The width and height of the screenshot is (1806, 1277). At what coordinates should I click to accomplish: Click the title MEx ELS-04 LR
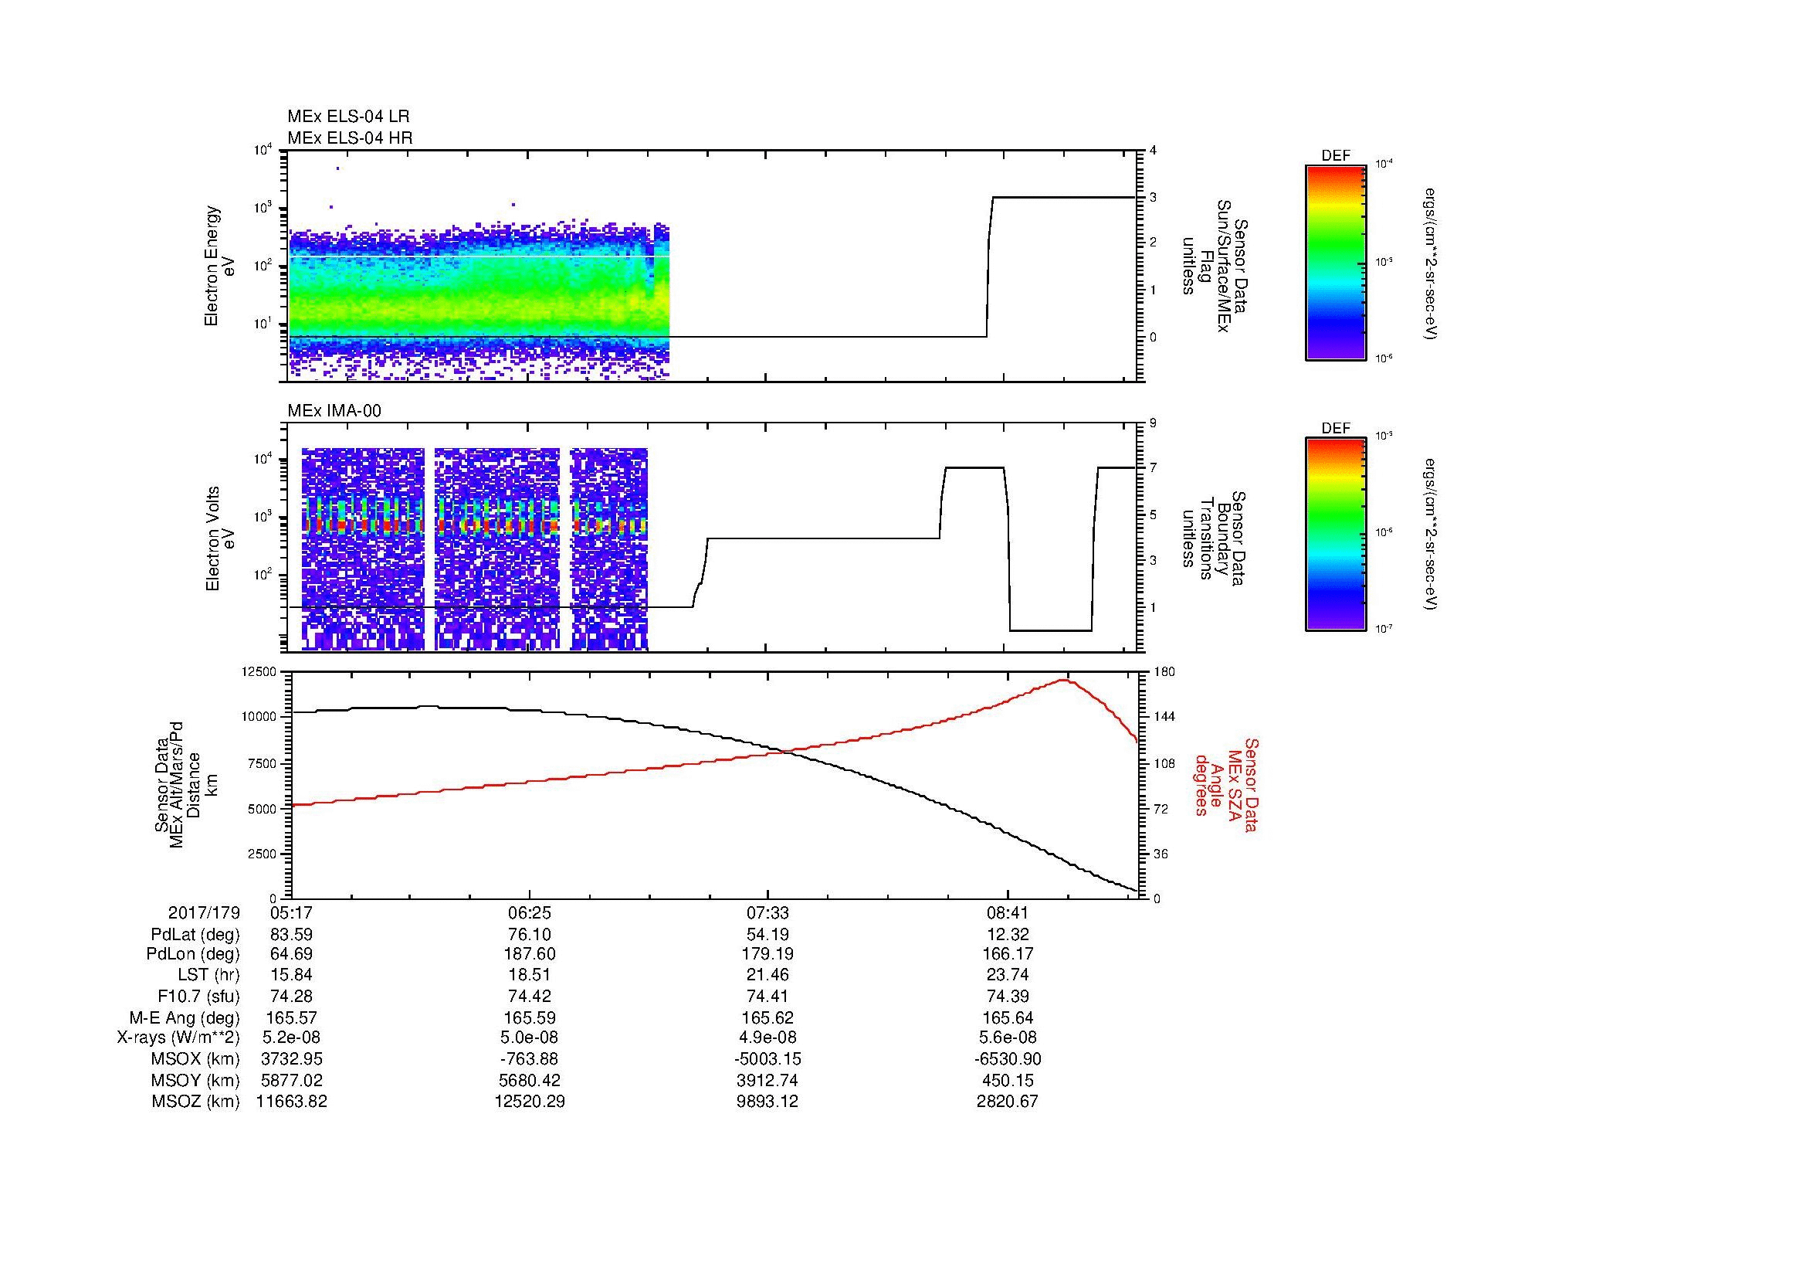tap(347, 117)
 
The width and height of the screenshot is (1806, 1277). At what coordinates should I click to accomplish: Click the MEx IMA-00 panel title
tap(334, 411)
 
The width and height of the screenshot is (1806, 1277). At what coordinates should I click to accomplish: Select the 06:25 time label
tap(530, 912)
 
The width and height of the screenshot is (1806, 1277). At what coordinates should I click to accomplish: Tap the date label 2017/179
tap(204, 912)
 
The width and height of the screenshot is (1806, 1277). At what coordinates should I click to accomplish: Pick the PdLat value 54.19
tap(767, 935)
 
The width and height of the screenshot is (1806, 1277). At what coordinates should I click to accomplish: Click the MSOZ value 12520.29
tap(530, 1102)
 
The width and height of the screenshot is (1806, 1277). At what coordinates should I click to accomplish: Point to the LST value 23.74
tap(1008, 976)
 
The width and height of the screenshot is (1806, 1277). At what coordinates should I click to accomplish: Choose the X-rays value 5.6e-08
tap(1008, 1038)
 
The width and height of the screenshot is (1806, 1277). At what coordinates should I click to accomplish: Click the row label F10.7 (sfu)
tap(198, 997)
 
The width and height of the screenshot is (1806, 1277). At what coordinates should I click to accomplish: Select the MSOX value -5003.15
tap(767, 1059)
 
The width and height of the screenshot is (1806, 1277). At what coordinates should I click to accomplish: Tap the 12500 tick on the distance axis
tap(262, 672)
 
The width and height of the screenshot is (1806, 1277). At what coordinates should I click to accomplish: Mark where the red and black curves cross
tap(791, 752)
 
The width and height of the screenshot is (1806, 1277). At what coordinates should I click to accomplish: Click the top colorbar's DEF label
tap(1335, 156)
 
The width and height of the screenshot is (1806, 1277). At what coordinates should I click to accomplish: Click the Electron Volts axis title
tap(212, 539)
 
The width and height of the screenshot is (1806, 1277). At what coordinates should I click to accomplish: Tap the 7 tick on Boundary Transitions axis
tap(1153, 468)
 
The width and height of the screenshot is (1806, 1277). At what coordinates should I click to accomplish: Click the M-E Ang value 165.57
tap(292, 1017)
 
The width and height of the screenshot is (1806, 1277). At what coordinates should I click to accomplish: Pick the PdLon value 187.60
tap(530, 954)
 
